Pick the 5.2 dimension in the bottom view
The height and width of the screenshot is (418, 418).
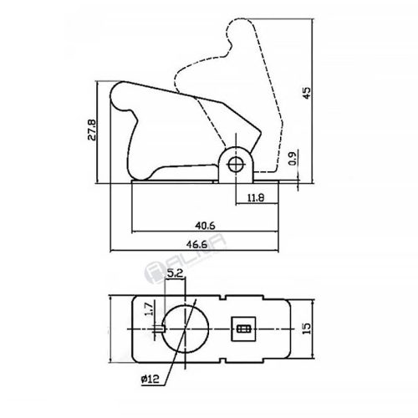[x=175, y=272]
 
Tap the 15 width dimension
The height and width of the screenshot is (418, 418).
[x=307, y=329]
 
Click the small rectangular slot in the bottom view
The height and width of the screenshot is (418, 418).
[x=244, y=329]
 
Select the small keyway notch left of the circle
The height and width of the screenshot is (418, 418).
[x=160, y=328]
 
